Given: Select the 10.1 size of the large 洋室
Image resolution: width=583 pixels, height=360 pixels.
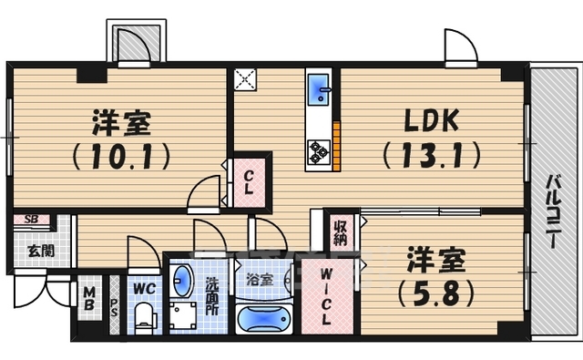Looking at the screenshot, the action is pyautogui.click(x=120, y=156).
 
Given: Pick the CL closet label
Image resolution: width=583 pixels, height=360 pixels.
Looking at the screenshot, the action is pyautogui.click(x=248, y=183).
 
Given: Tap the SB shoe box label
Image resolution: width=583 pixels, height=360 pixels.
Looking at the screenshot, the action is pyautogui.click(x=30, y=220).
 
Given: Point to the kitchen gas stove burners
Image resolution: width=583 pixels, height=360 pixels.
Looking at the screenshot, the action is pyautogui.click(x=319, y=150).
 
